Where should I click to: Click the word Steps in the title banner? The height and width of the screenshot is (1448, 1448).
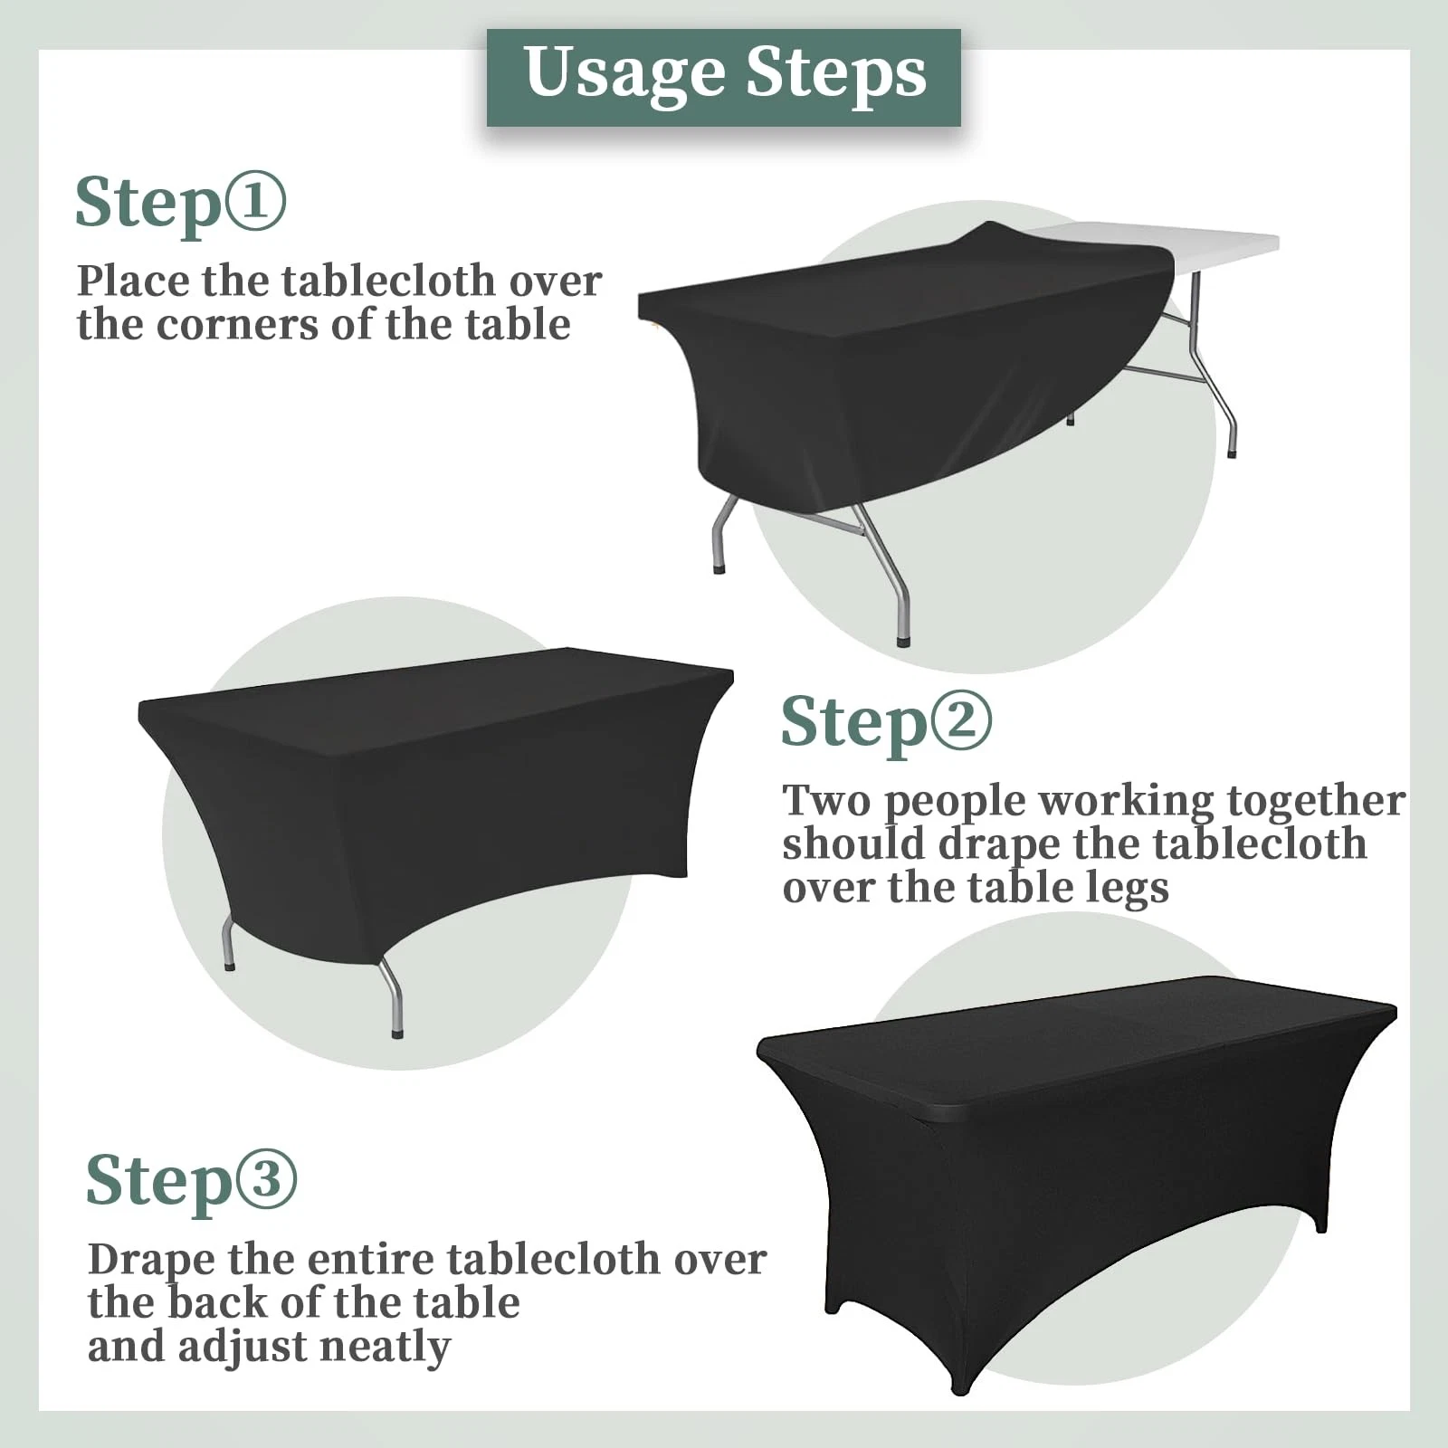[x=837, y=72]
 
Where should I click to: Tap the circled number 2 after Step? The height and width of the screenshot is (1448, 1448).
[x=961, y=721]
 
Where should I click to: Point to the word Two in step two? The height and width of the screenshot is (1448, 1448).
[x=826, y=800]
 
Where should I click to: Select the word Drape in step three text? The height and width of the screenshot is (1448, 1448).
[x=151, y=1261]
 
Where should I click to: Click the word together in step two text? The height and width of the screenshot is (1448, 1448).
[x=1316, y=803]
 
